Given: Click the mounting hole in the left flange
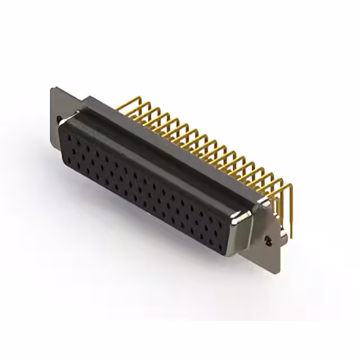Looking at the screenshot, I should pyautogui.click(x=60, y=119).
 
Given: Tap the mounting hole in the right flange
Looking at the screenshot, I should pyautogui.click(x=268, y=241).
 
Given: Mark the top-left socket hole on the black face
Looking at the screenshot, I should pyautogui.click(x=69, y=134).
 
